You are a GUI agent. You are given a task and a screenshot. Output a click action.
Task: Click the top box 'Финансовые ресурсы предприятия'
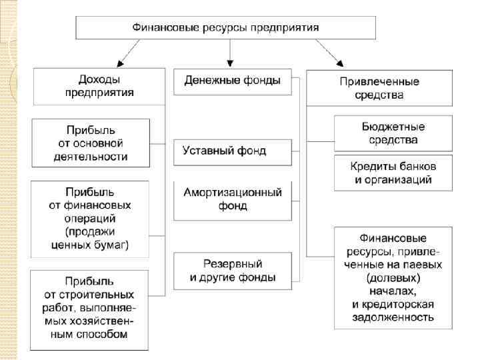(x=225, y=28)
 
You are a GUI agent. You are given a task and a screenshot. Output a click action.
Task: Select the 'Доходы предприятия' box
(x=99, y=86)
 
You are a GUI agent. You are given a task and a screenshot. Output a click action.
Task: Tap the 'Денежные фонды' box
(x=232, y=81)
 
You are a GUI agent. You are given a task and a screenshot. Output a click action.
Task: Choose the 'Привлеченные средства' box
(x=379, y=88)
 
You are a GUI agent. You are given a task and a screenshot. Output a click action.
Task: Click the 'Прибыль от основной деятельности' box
(x=91, y=143)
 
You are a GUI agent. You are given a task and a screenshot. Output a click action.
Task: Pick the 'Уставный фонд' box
(x=232, y=151)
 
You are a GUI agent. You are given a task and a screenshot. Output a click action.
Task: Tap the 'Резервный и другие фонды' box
(x=232, y=270)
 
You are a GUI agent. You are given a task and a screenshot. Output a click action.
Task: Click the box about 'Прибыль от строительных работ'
(x=90, y=309)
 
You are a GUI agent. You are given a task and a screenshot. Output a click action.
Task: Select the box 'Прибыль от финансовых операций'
(x=90, y=219)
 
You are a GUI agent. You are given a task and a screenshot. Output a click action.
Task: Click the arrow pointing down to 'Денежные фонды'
(x=229, y=53)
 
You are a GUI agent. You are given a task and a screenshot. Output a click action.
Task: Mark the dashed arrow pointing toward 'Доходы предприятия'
(x=129, y=53)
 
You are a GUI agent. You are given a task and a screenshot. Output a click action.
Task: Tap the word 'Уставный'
(x=205, y=151)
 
